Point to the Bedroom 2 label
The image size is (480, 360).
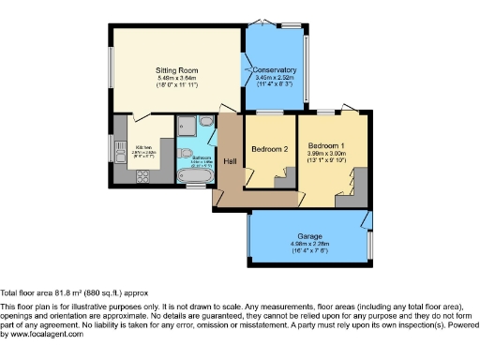(x=269, y=149)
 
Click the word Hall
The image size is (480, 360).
(x=230, y=161)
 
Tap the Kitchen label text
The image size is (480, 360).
(x=142, y=148)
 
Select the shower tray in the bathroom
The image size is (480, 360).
(x=185, y=125)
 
